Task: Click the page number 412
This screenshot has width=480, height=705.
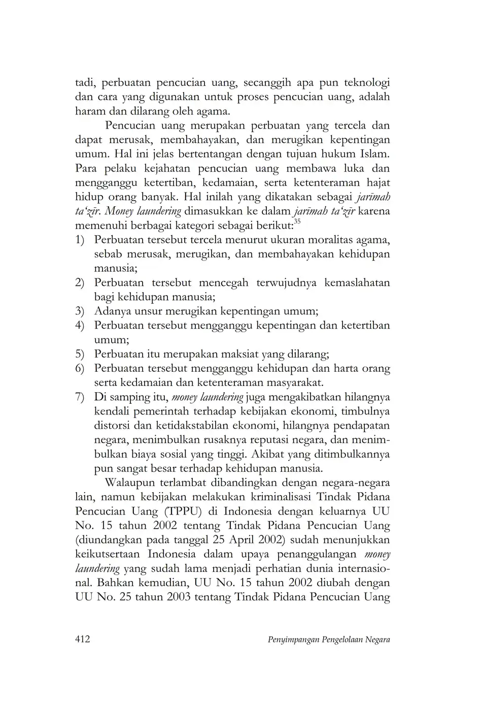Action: coord(82,639)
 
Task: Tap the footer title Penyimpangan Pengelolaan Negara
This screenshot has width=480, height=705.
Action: coord(328,639)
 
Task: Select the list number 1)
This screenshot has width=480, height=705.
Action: coord(80,239)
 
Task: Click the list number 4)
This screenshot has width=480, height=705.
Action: coord(80,325)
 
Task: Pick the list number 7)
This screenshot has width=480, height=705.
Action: coord(80,397)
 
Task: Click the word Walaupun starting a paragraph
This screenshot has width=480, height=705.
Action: coord(131,482)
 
